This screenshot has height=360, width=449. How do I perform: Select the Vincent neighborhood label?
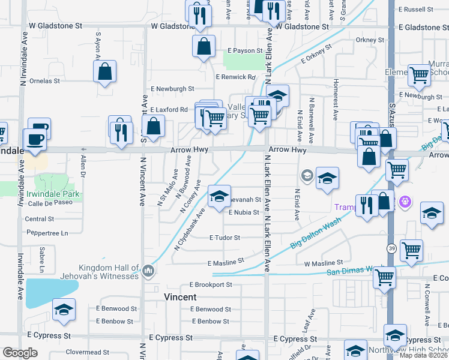(180, 297)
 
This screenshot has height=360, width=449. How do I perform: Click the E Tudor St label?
(224, 238)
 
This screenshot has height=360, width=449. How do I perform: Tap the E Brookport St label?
(211, 284)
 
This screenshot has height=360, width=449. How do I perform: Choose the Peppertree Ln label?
(46, 232)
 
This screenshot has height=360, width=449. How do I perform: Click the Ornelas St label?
(43, 80)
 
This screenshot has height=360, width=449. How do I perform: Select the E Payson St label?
(245, 51)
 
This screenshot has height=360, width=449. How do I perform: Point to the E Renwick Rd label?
(236, 77)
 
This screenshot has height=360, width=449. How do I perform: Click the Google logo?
(20, 353)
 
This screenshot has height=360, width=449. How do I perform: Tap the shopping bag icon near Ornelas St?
(105, 71)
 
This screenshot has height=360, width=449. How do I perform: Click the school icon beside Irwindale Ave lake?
(64, 310)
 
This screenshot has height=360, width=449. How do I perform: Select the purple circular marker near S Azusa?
(405, 202)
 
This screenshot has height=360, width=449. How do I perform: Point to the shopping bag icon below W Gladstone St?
(204, 46)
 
